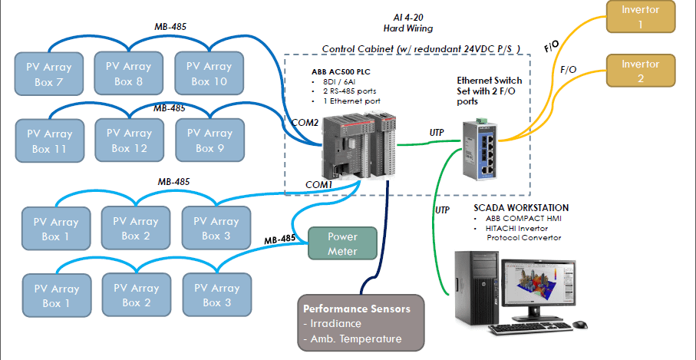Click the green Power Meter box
pos(342,243)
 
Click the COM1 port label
pos(319,184)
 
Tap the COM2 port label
pos(304,121)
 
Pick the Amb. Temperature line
pos(352,339)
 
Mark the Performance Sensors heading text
pos(356,309)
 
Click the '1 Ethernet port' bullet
pos(350,101)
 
